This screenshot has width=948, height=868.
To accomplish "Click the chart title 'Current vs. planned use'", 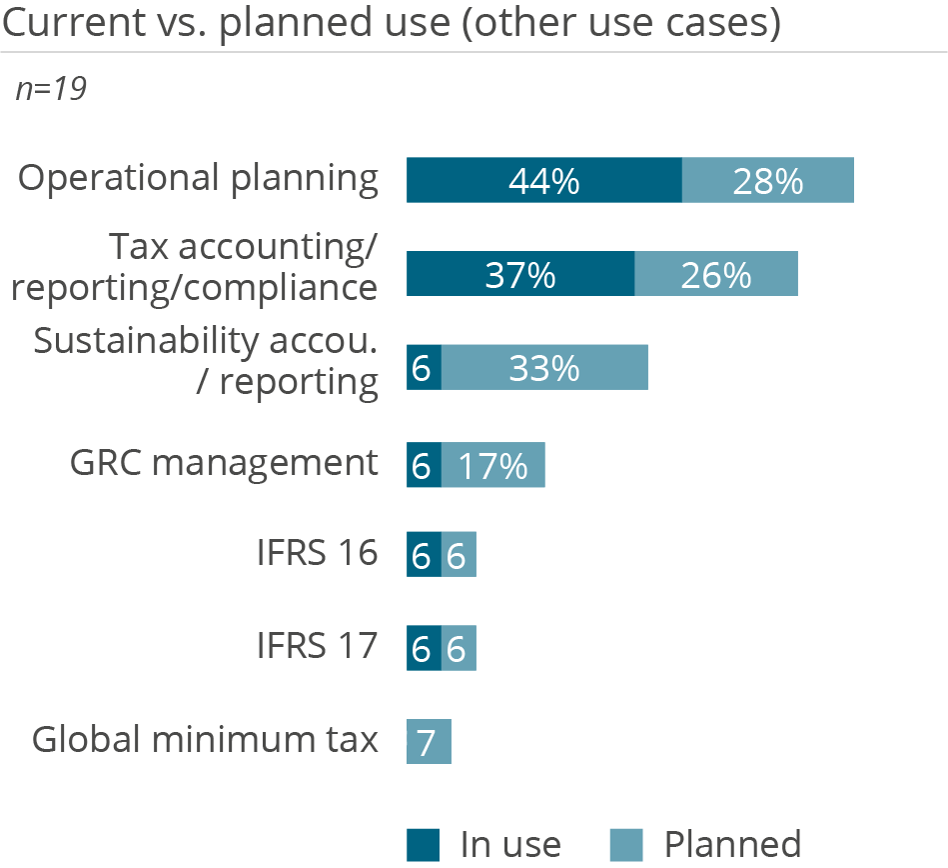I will coord(391,23).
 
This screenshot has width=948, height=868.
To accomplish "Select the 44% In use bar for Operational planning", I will coord(543,180).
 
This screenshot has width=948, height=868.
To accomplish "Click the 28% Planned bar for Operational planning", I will coord(767,180).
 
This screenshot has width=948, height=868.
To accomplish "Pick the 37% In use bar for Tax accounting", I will coord(519,274).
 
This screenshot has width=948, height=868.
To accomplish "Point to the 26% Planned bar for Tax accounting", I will coord(715,274).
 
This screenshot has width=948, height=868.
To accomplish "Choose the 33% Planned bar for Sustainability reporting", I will coord(544,367).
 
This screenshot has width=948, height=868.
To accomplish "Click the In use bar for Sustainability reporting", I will coord(424,367).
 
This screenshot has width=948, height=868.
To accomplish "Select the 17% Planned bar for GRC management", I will coord(492,465).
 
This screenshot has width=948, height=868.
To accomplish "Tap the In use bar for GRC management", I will coord(424,465).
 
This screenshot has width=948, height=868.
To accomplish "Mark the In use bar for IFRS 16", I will coord(424,554).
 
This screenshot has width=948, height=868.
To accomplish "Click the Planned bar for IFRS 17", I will coord(459,648).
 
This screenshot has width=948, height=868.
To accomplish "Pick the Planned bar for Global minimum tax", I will coord(429,742).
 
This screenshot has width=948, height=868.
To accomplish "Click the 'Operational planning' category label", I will coord(199,178).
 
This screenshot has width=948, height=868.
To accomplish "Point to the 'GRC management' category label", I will coord(224,462).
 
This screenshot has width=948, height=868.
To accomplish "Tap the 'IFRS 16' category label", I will coord(318,552).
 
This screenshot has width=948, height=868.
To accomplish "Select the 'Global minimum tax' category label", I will coord(205,740).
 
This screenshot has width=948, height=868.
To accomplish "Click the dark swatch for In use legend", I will coord(424,844).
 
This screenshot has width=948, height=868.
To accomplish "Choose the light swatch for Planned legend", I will coord(628,844).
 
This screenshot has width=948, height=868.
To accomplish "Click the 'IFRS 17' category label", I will coord(318,646).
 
